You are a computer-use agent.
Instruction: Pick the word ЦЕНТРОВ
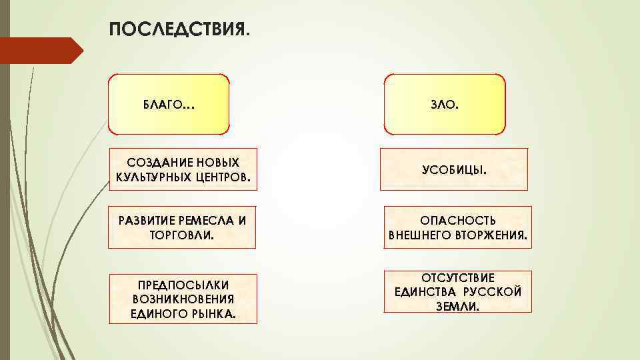point(225,177)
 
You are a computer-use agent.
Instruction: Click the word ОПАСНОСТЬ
point(457,220)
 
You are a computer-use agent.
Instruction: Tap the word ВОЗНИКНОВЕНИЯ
point(183,299)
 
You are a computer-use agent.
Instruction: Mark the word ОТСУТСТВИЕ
point(457,277)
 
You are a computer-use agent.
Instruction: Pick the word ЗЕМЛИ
point(457,306)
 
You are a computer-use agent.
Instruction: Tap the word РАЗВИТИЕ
point(145,220)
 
